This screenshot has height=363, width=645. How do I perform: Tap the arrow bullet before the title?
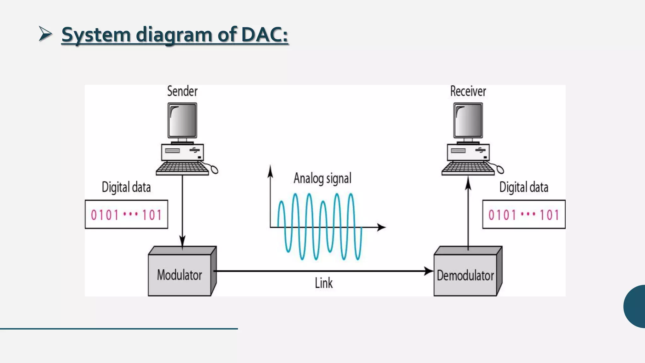(45, 34)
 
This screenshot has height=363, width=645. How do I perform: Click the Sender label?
(182, 91)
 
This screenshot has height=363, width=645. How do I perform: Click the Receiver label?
(468, 91)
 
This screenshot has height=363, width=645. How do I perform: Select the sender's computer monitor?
(182, 120)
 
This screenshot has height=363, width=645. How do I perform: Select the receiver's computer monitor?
(468, 120)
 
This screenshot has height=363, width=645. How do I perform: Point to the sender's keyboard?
(182, 168)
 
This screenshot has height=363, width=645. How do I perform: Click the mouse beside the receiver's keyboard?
(500, 170)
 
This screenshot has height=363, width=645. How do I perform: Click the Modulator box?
(180, 275)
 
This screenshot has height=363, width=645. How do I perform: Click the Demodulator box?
(465, 275)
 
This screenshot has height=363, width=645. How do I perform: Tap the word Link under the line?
(323, 283)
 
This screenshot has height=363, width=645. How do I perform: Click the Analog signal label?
(322, 178)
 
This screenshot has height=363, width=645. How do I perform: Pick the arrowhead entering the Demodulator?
(429, 271)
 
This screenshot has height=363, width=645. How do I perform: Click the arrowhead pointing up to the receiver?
(468, 183)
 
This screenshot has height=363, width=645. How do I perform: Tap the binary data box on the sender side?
(126, 215)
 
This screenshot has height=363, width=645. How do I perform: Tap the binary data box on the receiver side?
(524, 215)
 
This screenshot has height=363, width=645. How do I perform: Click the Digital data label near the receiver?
(523, 187)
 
